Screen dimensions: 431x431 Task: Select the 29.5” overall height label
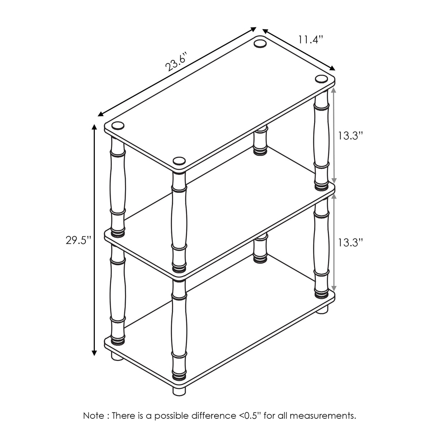click(x=78, y=240)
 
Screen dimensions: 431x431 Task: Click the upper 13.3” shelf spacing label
click(x=350, y=136)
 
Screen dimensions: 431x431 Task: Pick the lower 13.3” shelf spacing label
click(x=350, y=242)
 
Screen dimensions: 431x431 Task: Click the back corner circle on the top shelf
click(x=260, y=43)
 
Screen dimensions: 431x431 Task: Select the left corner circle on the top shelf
click(x=118, y=125)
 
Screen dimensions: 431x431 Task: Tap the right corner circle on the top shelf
click(x=321, y=79)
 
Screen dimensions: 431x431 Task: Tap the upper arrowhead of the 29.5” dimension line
click(x=94, y=127)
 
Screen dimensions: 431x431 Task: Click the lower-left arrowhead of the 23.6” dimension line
click(x=101, y=114)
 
